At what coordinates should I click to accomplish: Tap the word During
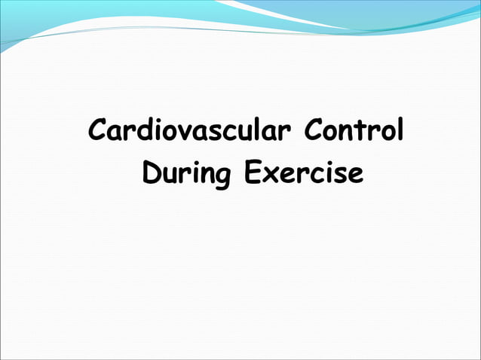pos(188,175)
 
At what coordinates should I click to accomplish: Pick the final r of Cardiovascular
pos(284,133)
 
